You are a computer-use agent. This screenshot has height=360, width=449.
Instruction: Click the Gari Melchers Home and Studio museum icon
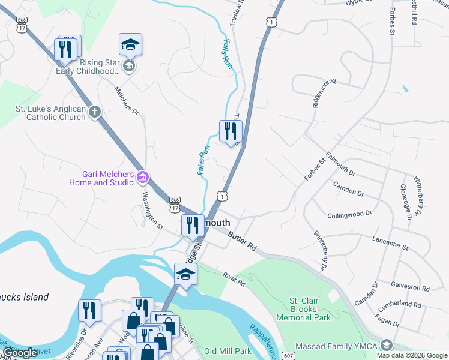click(143, 177)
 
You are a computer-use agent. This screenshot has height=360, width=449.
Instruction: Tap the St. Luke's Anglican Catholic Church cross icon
click(94, 112)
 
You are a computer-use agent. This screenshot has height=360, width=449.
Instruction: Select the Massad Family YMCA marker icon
click(387, 345)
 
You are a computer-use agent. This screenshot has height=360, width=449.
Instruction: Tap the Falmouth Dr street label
click(340, 163)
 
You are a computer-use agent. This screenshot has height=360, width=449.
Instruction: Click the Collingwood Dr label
click(346, 214)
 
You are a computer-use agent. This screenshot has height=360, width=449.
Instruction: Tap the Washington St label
click(152, 210)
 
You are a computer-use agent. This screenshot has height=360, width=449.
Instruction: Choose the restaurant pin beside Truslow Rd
click(231, 131)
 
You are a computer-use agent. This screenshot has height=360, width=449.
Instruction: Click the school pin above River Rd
click(185, 274)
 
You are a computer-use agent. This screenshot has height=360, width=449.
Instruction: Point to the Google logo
click(20, 353)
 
